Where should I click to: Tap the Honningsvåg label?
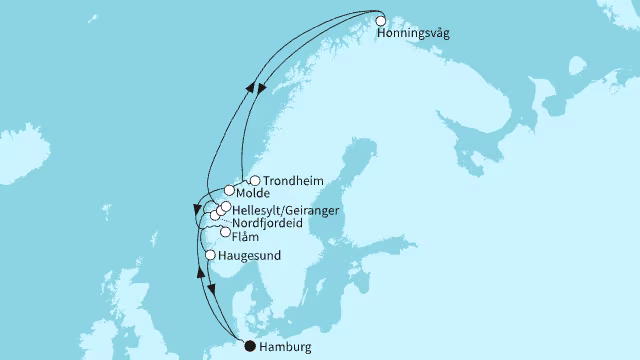click(414, 33)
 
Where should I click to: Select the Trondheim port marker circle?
click(254, 181)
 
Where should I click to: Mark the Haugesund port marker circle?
click(210, 256)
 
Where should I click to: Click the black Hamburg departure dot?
click(250, 347)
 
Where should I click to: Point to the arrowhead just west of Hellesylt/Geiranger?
click(197, 210)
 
